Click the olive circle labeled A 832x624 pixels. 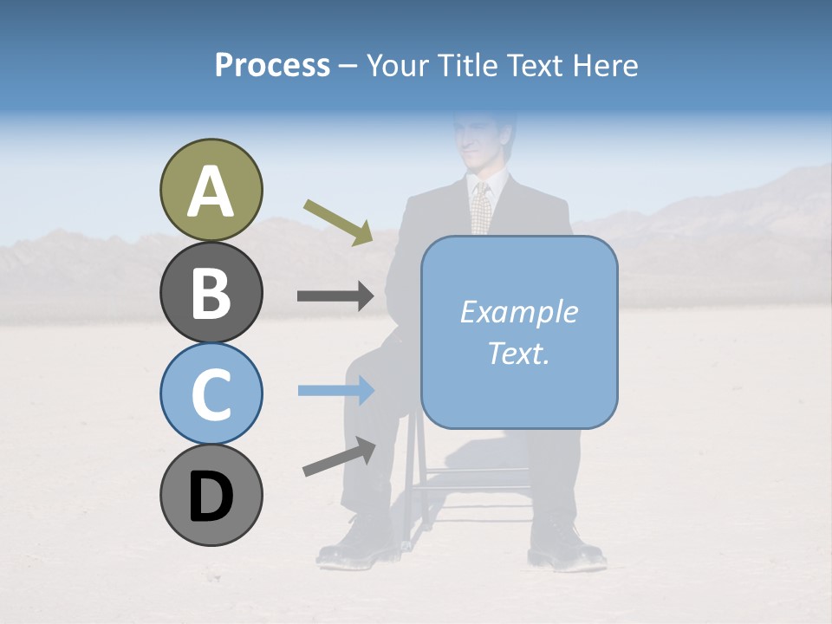coord(211,190)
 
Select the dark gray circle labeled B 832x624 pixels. coord(211,292)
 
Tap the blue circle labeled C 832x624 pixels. coord(211,393)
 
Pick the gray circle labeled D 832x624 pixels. coord(211,495)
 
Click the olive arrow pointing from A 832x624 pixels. coord(338,222)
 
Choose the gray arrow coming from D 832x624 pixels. coord(339,457)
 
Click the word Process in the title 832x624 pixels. coord(272,65)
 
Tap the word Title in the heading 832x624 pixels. coord(466,65)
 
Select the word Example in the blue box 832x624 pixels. coord(518,312)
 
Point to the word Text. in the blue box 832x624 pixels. coord(518,353)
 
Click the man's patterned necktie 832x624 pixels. coord(481,208)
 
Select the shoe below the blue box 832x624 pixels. coord(563,546)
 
